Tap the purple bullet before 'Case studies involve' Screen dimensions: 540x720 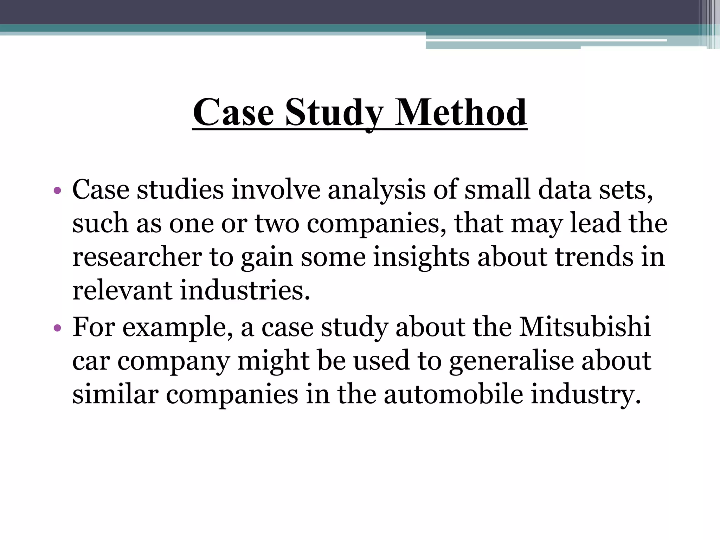(58, 191)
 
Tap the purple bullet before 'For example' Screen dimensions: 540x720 (58, 329)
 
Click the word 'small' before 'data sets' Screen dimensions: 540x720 (497, 190)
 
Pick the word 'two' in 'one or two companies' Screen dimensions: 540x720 (277, 224)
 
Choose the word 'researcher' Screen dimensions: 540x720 (137, 257)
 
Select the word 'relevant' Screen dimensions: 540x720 (122, 291)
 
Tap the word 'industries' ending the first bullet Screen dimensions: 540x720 (245, 291)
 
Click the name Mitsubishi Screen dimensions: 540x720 (585, 327)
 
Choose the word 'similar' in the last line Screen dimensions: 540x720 (115, 394)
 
